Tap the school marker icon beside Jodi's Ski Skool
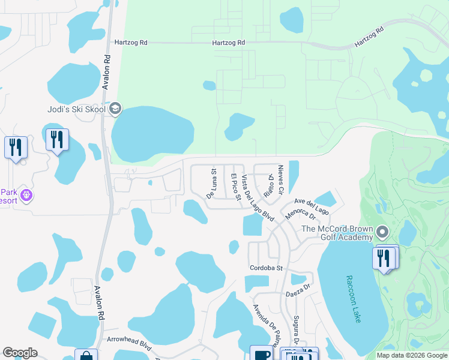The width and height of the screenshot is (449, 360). [116, 109]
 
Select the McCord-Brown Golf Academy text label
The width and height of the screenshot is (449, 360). [337, 233]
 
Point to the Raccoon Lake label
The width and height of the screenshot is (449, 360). [354, 299]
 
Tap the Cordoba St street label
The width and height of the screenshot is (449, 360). [266, 268]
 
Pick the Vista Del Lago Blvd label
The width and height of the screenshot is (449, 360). [257, 199]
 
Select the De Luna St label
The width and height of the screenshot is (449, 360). [212, 183]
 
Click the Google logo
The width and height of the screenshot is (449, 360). [20, 353]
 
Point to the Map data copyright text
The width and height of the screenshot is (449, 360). [411, 355]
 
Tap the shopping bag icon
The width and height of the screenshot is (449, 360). [86, 355]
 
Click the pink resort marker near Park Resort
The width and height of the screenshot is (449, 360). [26, 195]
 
